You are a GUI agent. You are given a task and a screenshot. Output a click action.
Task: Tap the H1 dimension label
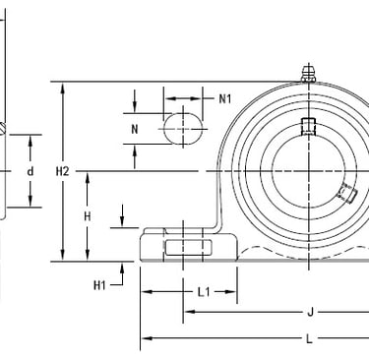(x=99, y=285)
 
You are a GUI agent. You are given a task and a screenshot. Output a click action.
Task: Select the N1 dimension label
(x=224, y=98)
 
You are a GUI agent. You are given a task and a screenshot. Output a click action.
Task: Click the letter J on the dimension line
(x=311, y=314)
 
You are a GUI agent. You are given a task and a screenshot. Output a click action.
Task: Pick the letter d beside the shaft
(x=31, y=172)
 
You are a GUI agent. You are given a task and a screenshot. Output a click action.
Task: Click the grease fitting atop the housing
(x=309, y=73)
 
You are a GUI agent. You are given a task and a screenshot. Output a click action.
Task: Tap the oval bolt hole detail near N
(x=184, y=128)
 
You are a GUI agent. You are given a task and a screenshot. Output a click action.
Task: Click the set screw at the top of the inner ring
(x=308, y=126)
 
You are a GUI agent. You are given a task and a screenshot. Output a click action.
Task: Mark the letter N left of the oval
(x=135, y=128)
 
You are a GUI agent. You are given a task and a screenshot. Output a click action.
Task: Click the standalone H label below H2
(x=88, y=216)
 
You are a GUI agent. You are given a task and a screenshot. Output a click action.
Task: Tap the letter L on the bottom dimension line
(x=310, y=338)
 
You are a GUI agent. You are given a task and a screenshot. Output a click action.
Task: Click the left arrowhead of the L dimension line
(x=146, y=338)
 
